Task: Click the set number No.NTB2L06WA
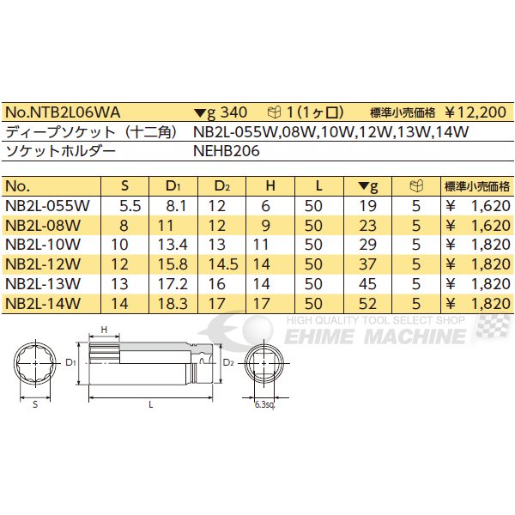pyautogui.click(x=63, y=112)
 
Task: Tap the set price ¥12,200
pyautogui.click(x=476, y=112)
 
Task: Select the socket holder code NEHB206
pyautogui.click(x=227, y=151)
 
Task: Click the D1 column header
pyautogui.click(x=173, y=186)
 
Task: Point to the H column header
pyautogui.click(x=270, y=186)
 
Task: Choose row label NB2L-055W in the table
pyautogui.click(x=47, y=206)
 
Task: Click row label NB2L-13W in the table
pyautogui.click(x=43, y=284)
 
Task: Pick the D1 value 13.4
pyautogui.click(x=173, y=245)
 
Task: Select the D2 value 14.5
pyautogui.click(x=223, y=264)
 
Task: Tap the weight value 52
pyautogui.click(x=367, y=304)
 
